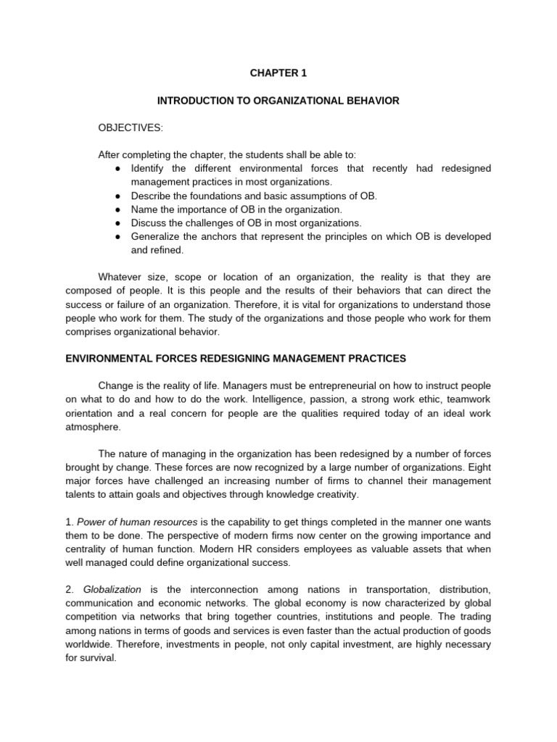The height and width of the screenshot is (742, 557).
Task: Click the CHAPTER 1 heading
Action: tap(278, 72)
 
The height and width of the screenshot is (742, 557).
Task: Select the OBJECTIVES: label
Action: tap(131, 128)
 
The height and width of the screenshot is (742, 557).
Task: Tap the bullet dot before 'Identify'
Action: tap(117, 168)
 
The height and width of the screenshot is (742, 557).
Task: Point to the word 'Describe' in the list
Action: tap(150, 196)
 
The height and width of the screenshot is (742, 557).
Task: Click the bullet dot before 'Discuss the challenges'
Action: tap(117, 223)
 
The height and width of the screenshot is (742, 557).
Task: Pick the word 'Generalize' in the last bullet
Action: tap(154, 237)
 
